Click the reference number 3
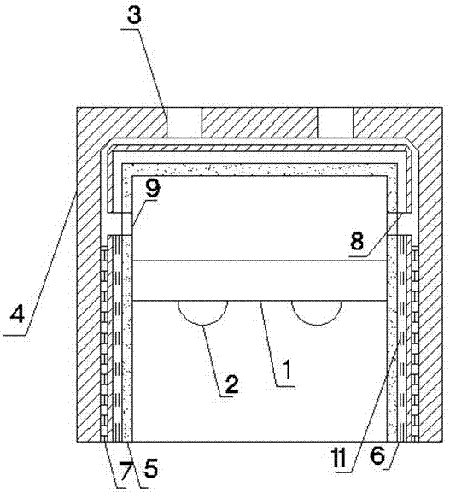point(134,15)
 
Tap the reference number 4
point(17,314)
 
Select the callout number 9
point(153,188)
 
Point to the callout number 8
point(357,241)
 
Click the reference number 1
point(287,369)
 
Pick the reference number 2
point(231,384)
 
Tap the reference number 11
point(339,457)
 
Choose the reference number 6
point(377,456)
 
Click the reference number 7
point(125,472)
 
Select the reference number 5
point(150,469)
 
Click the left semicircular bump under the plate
point(202,313)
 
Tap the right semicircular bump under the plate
point(317,313)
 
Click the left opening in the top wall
point(183,123)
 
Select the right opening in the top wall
point(336,123)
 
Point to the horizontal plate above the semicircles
point(260,280)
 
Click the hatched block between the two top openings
point(259,123)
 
